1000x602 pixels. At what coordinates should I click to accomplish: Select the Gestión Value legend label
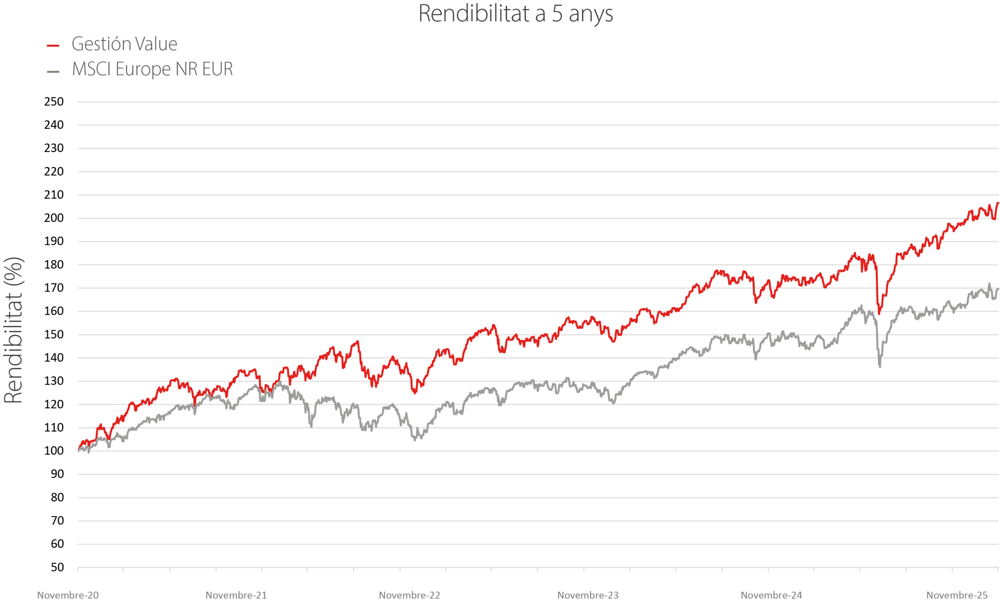click(x=124, y=44)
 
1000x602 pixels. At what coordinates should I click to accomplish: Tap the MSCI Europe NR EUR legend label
click(x=152, y=69)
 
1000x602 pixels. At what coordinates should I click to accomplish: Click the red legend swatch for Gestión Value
click(x=53, y=46)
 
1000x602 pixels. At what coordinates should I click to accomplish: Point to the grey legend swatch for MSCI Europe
click(x=53, y=72)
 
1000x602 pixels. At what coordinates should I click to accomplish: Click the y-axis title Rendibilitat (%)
click(x=13, y=330)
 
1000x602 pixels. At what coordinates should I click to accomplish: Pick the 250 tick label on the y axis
click(x=54, y=102)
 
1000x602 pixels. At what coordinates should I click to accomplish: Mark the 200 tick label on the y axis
click(x=54, y=218)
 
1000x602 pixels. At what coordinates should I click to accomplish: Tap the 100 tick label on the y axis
click(x=54, y=451)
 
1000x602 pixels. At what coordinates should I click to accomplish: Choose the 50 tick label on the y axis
click(x=57, y=567)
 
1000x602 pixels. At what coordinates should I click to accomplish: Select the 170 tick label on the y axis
click(x=54, y=288)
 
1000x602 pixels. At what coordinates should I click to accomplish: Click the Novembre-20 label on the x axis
click(x=68, y=595)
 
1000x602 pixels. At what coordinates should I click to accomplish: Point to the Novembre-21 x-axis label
click(x=236, y=595)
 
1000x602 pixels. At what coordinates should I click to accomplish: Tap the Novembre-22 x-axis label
click(x=409, y=595)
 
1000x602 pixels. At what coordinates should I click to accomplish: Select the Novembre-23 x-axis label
click(x=587, y=595)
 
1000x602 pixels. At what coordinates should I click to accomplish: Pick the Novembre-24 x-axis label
click(x=771, y=595)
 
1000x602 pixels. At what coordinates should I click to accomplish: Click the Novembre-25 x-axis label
click(x=957, y=595)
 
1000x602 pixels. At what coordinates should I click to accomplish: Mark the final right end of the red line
click(x=998, y=203)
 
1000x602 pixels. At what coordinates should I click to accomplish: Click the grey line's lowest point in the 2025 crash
click(x=880, y=367)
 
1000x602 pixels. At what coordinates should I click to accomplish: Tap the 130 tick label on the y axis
click(x=54, y=381)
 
